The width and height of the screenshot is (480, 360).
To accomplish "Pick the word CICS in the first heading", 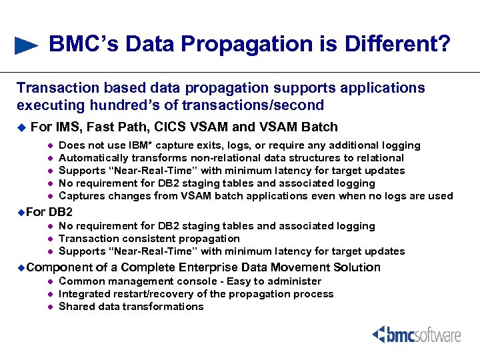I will tap(180, 127).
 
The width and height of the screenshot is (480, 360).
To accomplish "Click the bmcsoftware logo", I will tap(416, 334).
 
